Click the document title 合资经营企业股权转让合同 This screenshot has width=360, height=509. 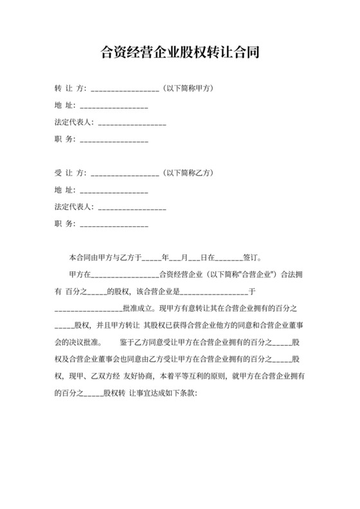(180, 52)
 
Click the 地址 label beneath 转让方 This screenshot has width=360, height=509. (65, 105)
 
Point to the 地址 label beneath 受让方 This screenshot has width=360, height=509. (65, 190)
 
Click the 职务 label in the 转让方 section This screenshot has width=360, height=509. (65, 139)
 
